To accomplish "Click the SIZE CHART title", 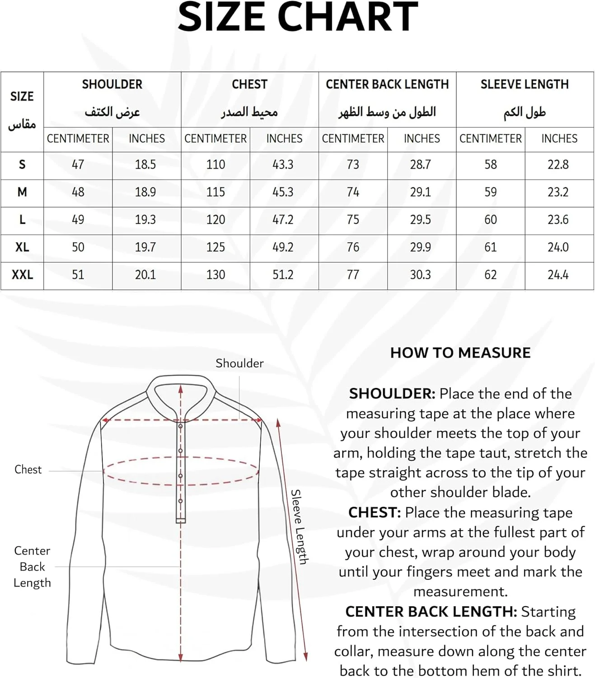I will (298, 17).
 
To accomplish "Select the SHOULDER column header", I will (112, 85).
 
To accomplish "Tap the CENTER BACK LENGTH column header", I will (387, 85).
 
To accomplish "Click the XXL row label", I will (22, 275).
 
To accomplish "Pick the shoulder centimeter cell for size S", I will (78, 165).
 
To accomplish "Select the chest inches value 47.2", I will (283, 220).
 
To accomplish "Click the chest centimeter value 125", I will (216, 247).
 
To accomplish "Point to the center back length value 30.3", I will (420, 275).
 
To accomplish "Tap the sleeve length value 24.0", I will (558, 247).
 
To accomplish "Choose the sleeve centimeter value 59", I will (491, 192).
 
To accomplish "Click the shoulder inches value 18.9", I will (145, 192).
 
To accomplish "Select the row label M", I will (22, 192).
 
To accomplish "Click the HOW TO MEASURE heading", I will (460, 353).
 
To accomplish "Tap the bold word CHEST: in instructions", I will (375, 513).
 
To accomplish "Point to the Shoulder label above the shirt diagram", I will (239, 363).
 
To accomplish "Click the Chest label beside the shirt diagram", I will (28, 470).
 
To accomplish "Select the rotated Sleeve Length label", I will (299, 527).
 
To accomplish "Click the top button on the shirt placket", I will (180, 426).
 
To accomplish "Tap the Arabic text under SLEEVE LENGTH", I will (525, 112).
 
